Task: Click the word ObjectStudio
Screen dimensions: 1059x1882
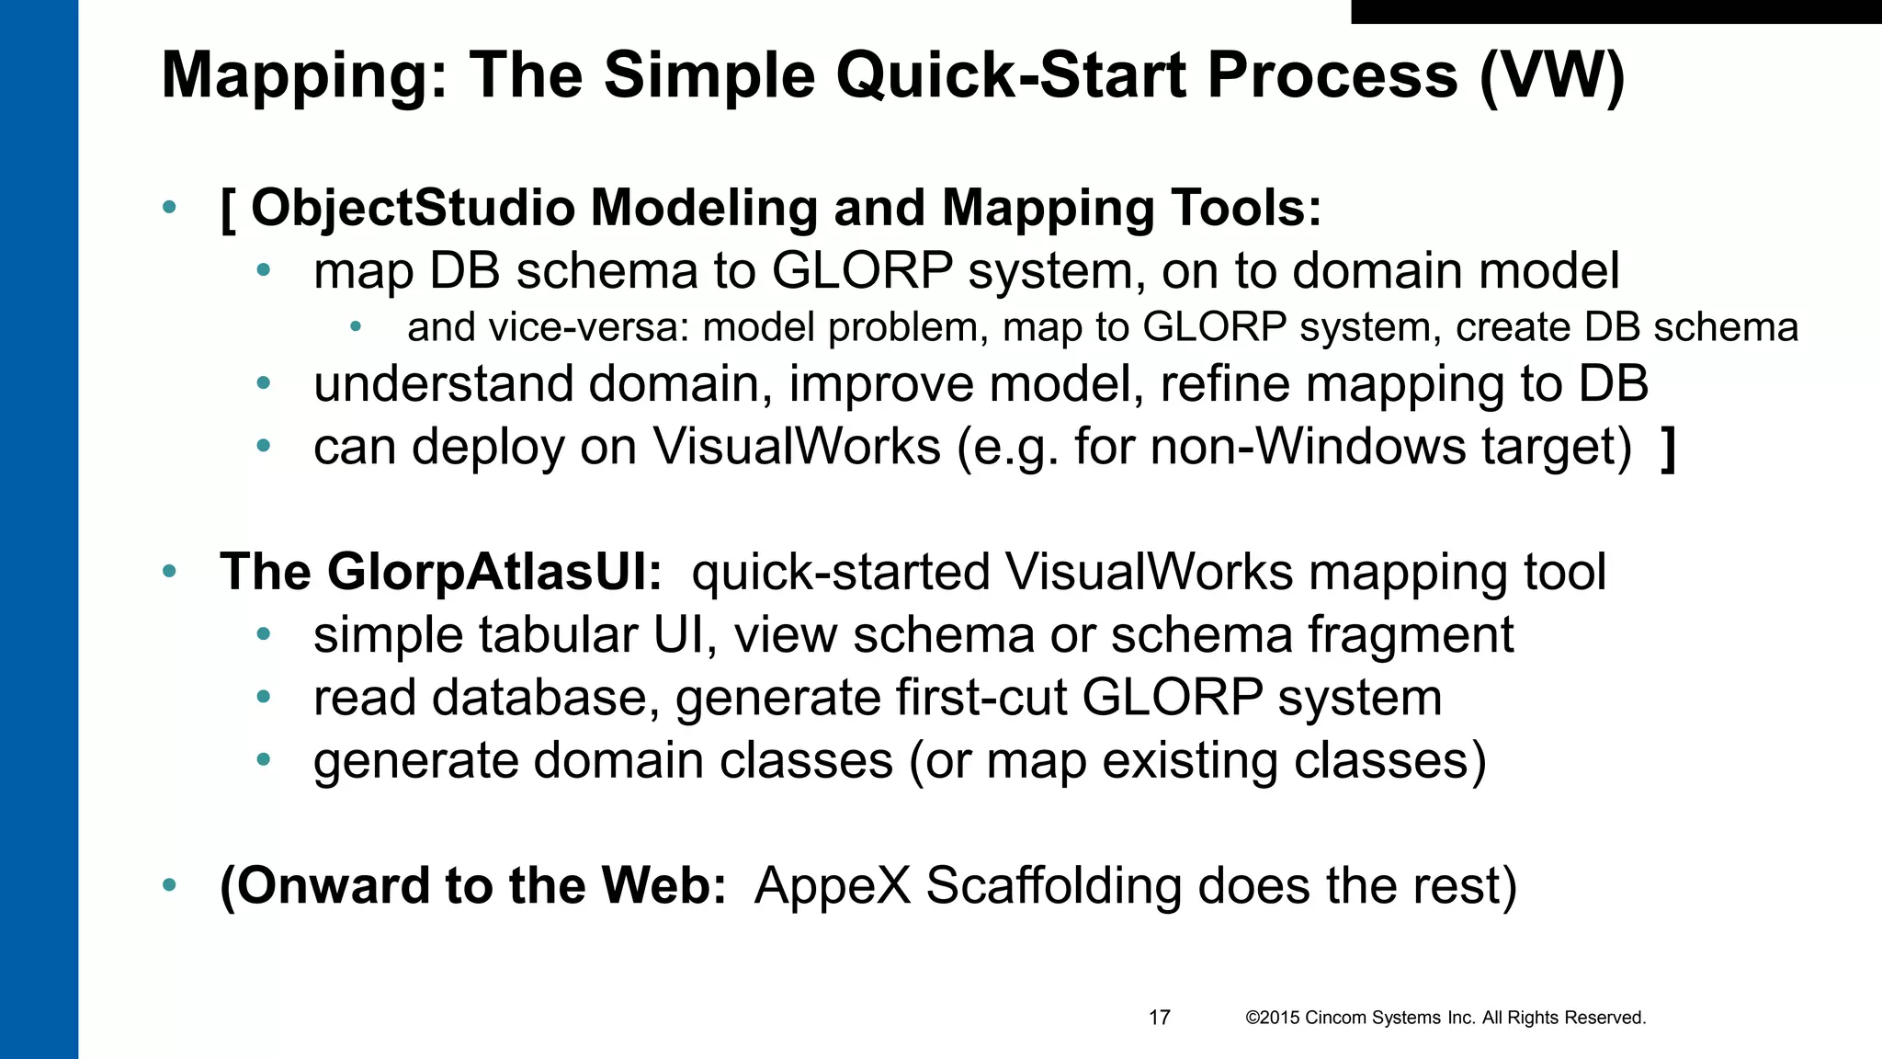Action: (x=412, y=208)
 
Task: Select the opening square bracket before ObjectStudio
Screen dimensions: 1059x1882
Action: (x=228, y=210)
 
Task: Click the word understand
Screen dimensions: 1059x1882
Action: (x=444, y=384)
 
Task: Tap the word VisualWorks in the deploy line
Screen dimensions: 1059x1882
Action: (x=797, y=448)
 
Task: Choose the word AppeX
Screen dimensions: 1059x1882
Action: (x=832, y=886)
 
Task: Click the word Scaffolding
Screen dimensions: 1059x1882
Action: (x=1054, y=886)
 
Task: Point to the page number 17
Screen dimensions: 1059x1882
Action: (x=1159, y=1018)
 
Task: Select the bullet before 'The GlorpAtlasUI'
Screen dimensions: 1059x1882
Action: (x=169, y=572)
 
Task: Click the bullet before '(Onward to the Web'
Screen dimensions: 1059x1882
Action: (x=169, y=886)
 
